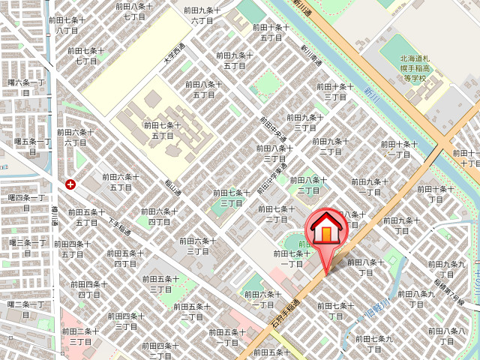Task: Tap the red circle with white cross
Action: click(70, 184)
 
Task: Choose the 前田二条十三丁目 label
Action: click(80, 335)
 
